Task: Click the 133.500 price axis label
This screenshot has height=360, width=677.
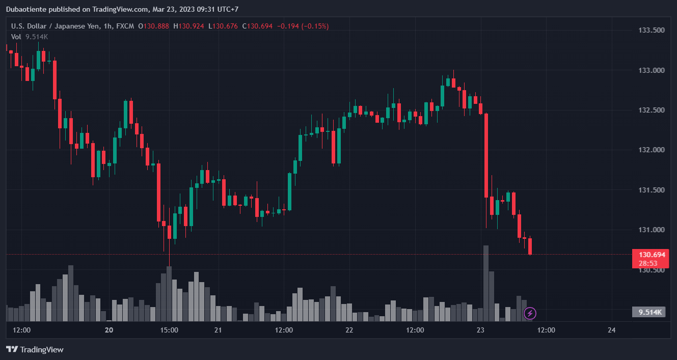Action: click(x=652, y=30)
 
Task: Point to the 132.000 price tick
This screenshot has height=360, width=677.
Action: click(x=652, y=150)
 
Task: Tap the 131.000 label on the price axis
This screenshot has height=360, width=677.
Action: click(x=652, y=230)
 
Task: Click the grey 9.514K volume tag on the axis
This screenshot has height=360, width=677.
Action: click(x=648, y=312)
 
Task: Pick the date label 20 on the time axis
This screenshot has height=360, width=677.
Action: click(x=109, y=330)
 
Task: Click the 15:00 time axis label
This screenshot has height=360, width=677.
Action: click(x=169, y=330)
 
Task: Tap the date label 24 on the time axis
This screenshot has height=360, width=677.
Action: click(x=612, y=330)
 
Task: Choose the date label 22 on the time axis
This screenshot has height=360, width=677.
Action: click(x=349, y=330)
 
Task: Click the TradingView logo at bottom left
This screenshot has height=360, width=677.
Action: click(x=35, y=349)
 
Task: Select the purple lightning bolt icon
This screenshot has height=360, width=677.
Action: click(x=530, y=313)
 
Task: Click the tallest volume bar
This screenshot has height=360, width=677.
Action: click(x=486, y=283)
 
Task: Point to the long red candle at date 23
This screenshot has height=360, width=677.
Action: click(x=486, y=155)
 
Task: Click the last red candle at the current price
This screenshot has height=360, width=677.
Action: click(x=530, y=246)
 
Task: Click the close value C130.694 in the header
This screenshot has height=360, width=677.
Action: click(x=258, y=26)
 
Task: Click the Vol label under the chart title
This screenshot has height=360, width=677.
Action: click(x=16, y=37)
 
